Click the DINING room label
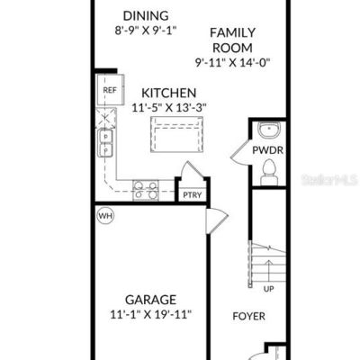(x=146, y=15)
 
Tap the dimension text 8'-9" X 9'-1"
(x=146, y=31)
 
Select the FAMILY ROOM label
(x=232, y=40)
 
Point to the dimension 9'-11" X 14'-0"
(x=233, y=62)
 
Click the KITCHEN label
(x=169, y=93)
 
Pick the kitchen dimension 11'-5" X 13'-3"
(x=169, y=107)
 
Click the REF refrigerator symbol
(x=110, y=90)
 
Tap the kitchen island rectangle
(x=177, y=134)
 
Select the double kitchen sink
(x=105, y=143)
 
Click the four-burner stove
(x=146, y=190)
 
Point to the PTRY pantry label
(x=193, y=195)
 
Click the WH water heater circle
(x=106, y=215)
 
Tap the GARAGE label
(x=150, y=300)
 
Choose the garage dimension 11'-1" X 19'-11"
(x=150, y=315)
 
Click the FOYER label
(x=249, y=316)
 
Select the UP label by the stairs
(x=268, y=289)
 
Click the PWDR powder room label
(x=267, y=150)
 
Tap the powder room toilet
(x=269, y=172)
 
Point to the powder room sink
(x=269, y=130)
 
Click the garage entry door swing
(x=217, y=221)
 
